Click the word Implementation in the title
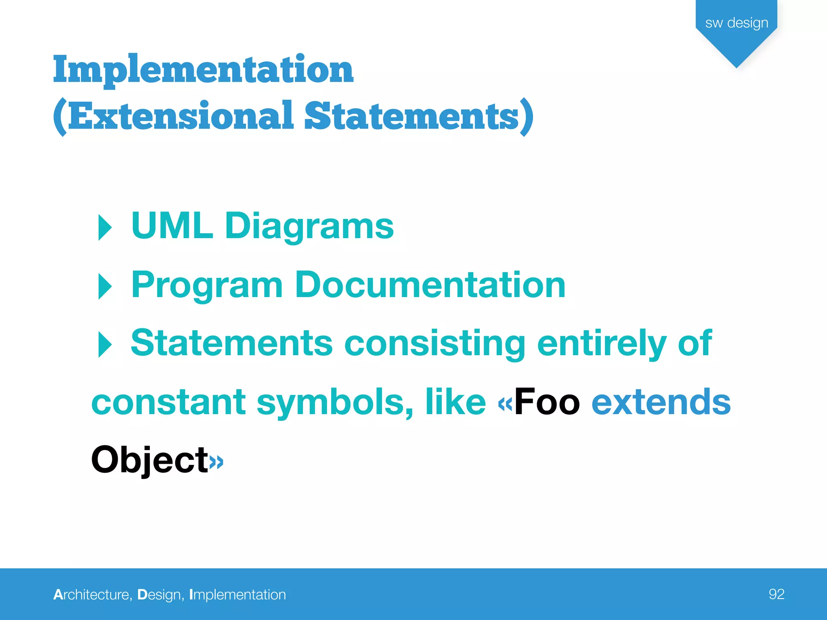tap(203, 70)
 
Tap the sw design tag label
tap(737, 23)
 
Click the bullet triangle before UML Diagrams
tap(105, 227)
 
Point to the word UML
tap(172, 226)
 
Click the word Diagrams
tap(309, 227)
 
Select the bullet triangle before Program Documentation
tap(105, 286)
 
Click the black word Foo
tap(547, 402)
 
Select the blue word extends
tap(661, 402)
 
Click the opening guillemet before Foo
tap(505, 404)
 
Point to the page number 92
tap(777, 594)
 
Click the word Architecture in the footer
tap(92, 595)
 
